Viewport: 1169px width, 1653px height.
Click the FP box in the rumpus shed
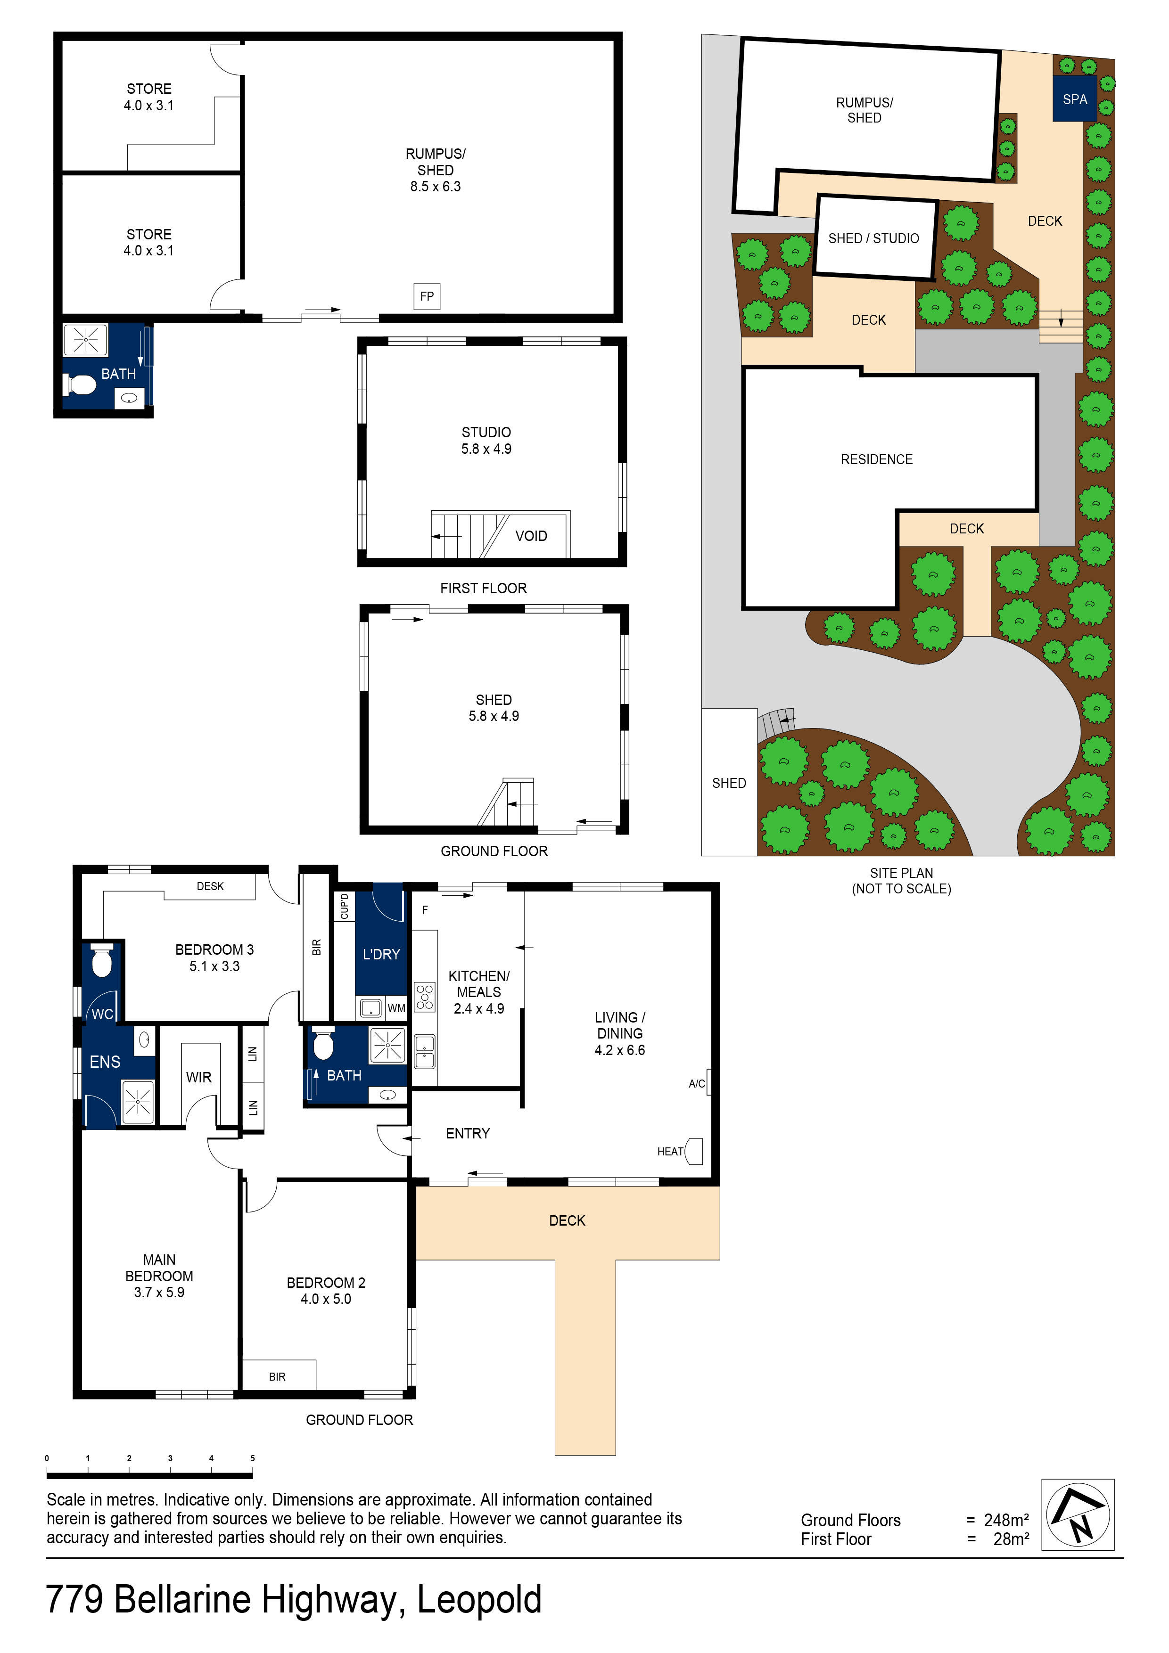pyautogui.click(x=427, y=296)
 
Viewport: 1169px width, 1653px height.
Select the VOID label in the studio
pyautogui.click(x=531, y=536)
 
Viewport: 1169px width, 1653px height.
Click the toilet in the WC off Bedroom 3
pyautogui.click(x=101, y=961)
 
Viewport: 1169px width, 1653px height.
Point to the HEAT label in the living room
pyautogui.click(x=669, y=1151)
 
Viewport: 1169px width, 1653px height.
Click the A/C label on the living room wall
pyautogui.click(x=697, y=1083)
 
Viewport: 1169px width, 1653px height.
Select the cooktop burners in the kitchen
pyautogui.click(x=425, y=997)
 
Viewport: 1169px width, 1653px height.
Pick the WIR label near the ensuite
pyautogui.click(x=199, y=1077)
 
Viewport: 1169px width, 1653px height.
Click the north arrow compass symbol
pyautogui.click(x=1078, y=1515)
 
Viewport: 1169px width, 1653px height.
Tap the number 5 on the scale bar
pyautogui.click(x=252, y=1458)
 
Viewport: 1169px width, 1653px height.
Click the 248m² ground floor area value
pyautogui.click(x=1006, y=1520)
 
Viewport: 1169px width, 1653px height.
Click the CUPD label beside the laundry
pyautogui.click(x=344, y=906)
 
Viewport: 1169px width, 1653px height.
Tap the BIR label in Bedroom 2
pyautogui.click(x=277, y=1376)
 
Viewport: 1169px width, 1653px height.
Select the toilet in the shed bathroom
pyautogui.click(x=82, y=385)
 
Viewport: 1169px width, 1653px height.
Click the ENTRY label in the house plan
pyautogui.click(x=468, y=1133)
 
